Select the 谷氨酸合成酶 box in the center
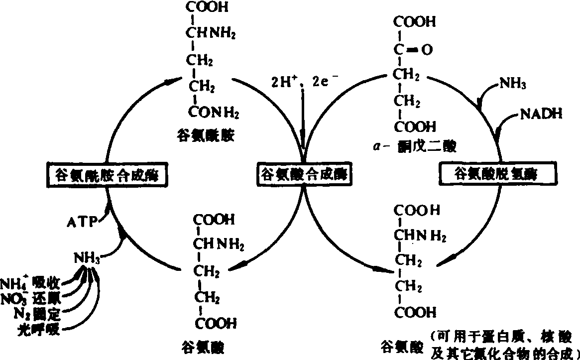304,175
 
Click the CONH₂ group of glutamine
213,114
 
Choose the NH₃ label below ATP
88,258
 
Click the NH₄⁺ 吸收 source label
31,282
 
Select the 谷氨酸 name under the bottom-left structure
197,345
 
